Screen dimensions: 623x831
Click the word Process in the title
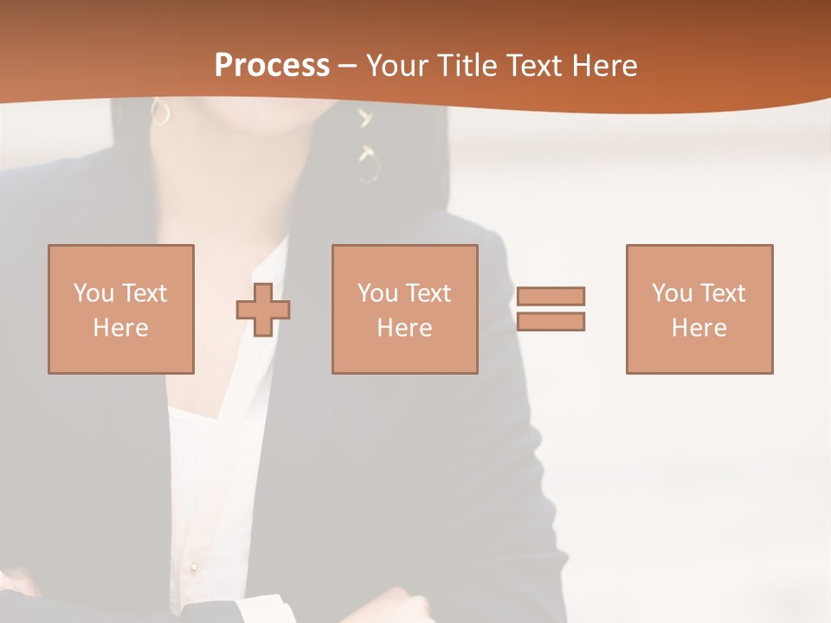272,65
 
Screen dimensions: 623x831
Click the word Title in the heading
468,66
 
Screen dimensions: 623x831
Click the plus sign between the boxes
263,309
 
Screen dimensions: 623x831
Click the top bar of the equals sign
551,296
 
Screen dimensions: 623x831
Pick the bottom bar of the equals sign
551,321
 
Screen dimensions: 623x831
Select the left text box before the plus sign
121,309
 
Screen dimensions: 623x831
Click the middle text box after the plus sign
404,309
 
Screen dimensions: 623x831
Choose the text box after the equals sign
699,309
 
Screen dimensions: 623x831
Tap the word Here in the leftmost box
120,328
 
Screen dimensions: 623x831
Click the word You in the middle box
377,293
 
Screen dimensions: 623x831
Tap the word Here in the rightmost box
699,328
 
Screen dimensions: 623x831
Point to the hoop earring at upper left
160,112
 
